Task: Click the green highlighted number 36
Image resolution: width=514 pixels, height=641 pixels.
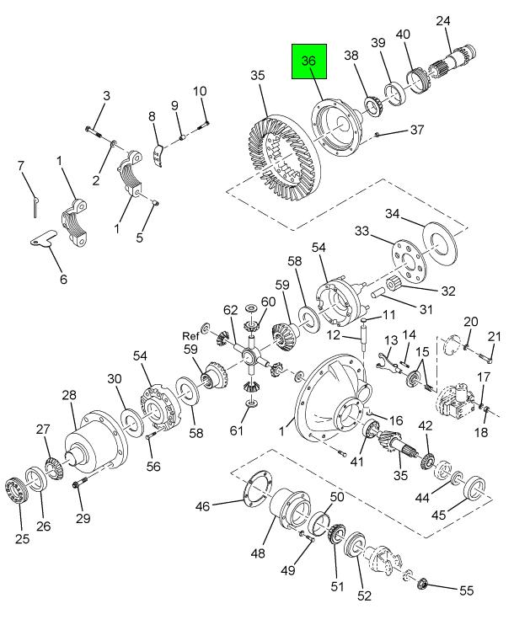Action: point(308,61)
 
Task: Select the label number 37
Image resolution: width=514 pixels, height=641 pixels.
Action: point(417,130)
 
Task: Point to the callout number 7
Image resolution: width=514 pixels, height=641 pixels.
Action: point(23,166)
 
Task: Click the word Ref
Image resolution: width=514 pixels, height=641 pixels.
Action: point(190,335)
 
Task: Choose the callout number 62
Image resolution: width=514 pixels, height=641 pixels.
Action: point(230,312)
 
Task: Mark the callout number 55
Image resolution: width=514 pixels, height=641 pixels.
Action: point(466,591)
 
